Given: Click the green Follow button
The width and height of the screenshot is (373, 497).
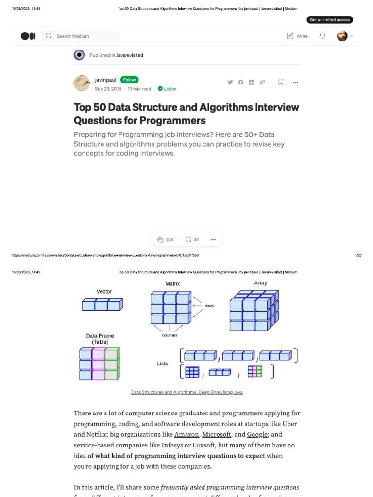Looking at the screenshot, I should (129, 80).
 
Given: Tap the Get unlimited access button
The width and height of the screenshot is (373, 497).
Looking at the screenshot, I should (330, 20).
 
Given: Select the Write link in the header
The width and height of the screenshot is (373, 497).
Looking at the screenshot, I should (297, 36).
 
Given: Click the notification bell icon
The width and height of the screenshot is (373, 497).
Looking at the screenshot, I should (322, 36).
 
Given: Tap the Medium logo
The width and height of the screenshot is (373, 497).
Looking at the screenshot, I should (28, 36).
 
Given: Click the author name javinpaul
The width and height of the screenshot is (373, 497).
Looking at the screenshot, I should (105, 80).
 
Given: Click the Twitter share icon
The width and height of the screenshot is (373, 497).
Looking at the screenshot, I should (230, 82).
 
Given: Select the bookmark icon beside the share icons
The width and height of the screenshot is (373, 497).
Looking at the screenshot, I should (281, 82).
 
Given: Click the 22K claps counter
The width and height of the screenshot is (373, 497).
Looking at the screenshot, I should (165, 239).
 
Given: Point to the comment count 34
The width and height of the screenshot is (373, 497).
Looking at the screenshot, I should (192, 239).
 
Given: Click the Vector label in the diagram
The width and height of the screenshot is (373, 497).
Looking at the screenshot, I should (104, 292).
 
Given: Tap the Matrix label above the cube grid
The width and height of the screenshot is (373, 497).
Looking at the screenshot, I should (172, 283).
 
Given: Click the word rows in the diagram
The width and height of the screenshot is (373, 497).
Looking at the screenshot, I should (209, 306).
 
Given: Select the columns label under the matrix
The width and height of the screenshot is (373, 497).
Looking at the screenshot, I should (170, 335).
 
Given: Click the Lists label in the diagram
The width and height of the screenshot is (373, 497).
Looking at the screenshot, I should (162, 364).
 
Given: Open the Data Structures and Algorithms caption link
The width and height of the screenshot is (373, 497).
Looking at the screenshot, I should (187, 392).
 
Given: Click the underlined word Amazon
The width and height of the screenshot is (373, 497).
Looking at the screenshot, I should (186, 435).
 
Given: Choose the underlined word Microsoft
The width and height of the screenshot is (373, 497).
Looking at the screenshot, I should (217, 435).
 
